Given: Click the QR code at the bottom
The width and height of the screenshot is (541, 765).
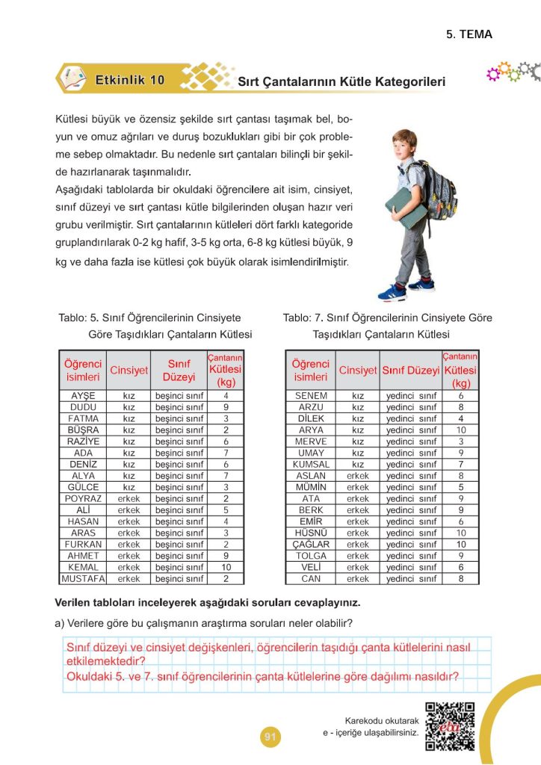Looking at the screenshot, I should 450,726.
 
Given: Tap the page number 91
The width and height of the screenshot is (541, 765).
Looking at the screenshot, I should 270,737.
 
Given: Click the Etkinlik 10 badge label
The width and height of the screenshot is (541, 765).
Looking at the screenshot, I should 129,79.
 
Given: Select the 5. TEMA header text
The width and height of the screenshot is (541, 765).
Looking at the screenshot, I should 469,34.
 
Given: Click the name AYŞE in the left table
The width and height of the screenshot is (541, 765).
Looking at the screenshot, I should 82,395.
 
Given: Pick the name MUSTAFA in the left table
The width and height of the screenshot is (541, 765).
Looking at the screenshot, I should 83,578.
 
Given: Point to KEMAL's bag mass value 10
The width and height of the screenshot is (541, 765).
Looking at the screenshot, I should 226,567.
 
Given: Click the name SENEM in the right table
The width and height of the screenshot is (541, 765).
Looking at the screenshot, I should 311,395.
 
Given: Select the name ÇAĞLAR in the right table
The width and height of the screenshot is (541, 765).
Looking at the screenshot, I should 311,544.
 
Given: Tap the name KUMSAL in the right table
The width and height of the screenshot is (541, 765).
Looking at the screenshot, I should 311,464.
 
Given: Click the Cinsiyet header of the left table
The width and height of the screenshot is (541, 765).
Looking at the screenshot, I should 129,370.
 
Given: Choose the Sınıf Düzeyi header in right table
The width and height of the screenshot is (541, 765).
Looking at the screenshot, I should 410,370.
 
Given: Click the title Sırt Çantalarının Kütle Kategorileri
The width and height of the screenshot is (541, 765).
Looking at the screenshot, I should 341,81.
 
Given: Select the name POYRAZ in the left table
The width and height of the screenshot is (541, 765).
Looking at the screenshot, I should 83,498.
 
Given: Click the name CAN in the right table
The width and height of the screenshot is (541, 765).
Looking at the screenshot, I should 311,578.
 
